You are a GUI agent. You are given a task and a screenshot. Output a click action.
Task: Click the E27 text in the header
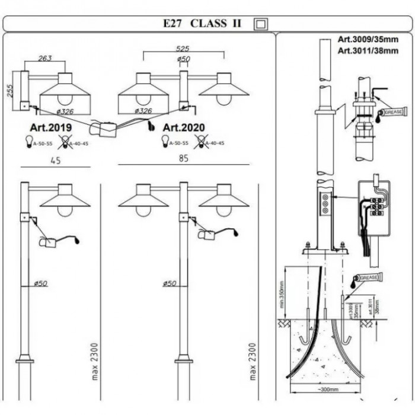coord(174,24)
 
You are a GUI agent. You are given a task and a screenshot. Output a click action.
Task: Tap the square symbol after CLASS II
coord(261,24)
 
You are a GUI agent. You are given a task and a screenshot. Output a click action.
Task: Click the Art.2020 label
coord(184,127)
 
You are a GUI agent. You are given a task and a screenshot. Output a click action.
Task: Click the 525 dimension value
coord(183,49)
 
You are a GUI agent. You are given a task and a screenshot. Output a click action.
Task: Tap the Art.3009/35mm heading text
coord(368,40)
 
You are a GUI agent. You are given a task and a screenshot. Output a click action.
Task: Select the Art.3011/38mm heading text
coord(368,51)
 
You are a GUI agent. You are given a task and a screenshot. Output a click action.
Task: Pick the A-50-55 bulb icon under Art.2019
coord(28,141)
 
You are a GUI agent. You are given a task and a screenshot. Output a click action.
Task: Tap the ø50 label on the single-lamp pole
coord(40,283)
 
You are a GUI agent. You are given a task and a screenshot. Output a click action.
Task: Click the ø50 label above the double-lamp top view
coord(183,59)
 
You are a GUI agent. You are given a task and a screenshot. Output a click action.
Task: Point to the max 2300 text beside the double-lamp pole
coord(253,361)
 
